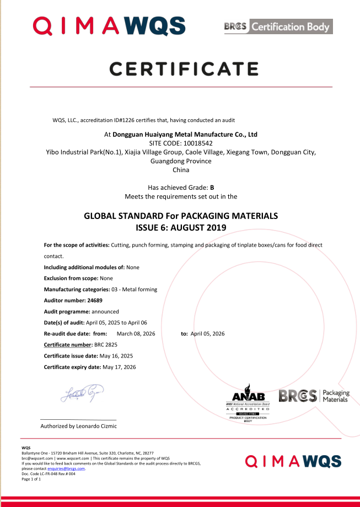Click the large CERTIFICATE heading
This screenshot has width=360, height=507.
click(x=184, y=68)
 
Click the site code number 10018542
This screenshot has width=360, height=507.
click(x=197, y=143)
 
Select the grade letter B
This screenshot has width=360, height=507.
click(x=212, y=188)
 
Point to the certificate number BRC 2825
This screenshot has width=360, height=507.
click(x=106, y=345)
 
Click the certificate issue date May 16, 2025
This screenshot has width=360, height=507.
click(x=116, y=356)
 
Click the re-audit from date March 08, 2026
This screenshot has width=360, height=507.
click(x=136, y=334)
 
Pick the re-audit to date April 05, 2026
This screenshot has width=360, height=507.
click(x=207, y=334)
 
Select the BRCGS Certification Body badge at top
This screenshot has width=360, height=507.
click(x=278, y=26)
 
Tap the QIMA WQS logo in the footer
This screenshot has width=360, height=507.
click(x=293, y=461)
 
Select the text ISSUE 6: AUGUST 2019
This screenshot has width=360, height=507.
click(x=181, y=227)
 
